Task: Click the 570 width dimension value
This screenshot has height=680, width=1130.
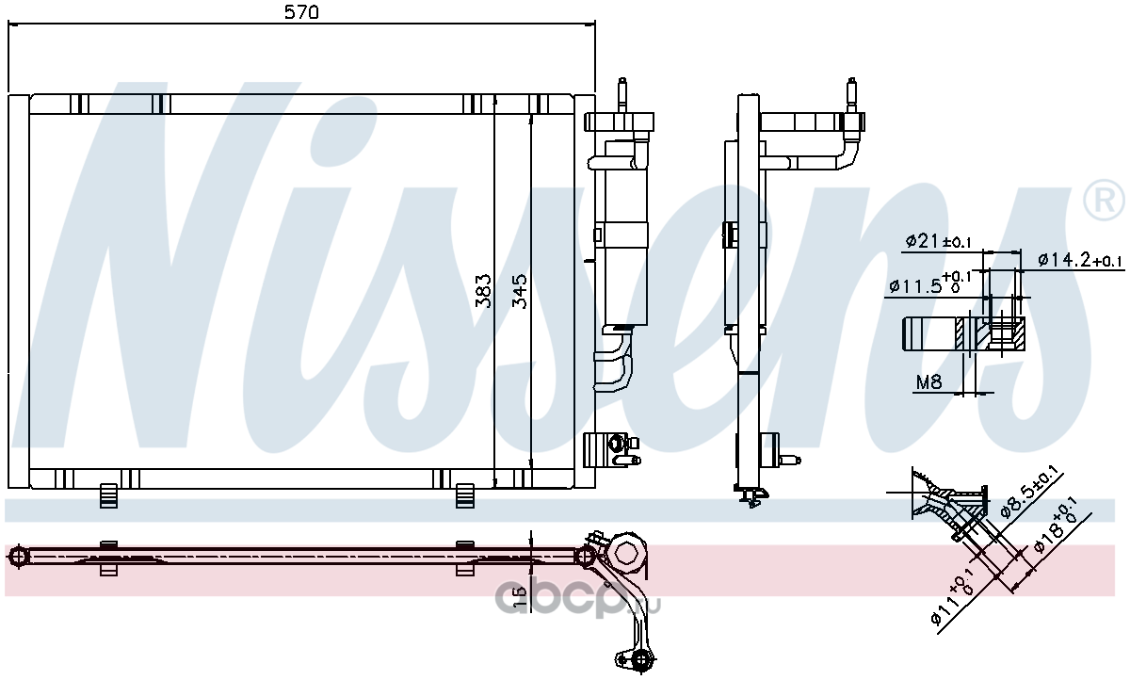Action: click(301, 12)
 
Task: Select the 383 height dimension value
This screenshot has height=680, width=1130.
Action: click(483, 291)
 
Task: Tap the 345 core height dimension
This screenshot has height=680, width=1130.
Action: click(519, 291)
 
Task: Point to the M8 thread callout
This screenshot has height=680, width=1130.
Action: click(928, 381)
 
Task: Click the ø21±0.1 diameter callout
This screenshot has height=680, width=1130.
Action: click(938, 242)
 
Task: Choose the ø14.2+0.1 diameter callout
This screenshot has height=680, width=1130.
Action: click(1079, 260)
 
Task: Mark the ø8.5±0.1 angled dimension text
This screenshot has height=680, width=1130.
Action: click(1029, 493)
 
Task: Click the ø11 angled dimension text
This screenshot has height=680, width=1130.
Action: click(950, 603)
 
